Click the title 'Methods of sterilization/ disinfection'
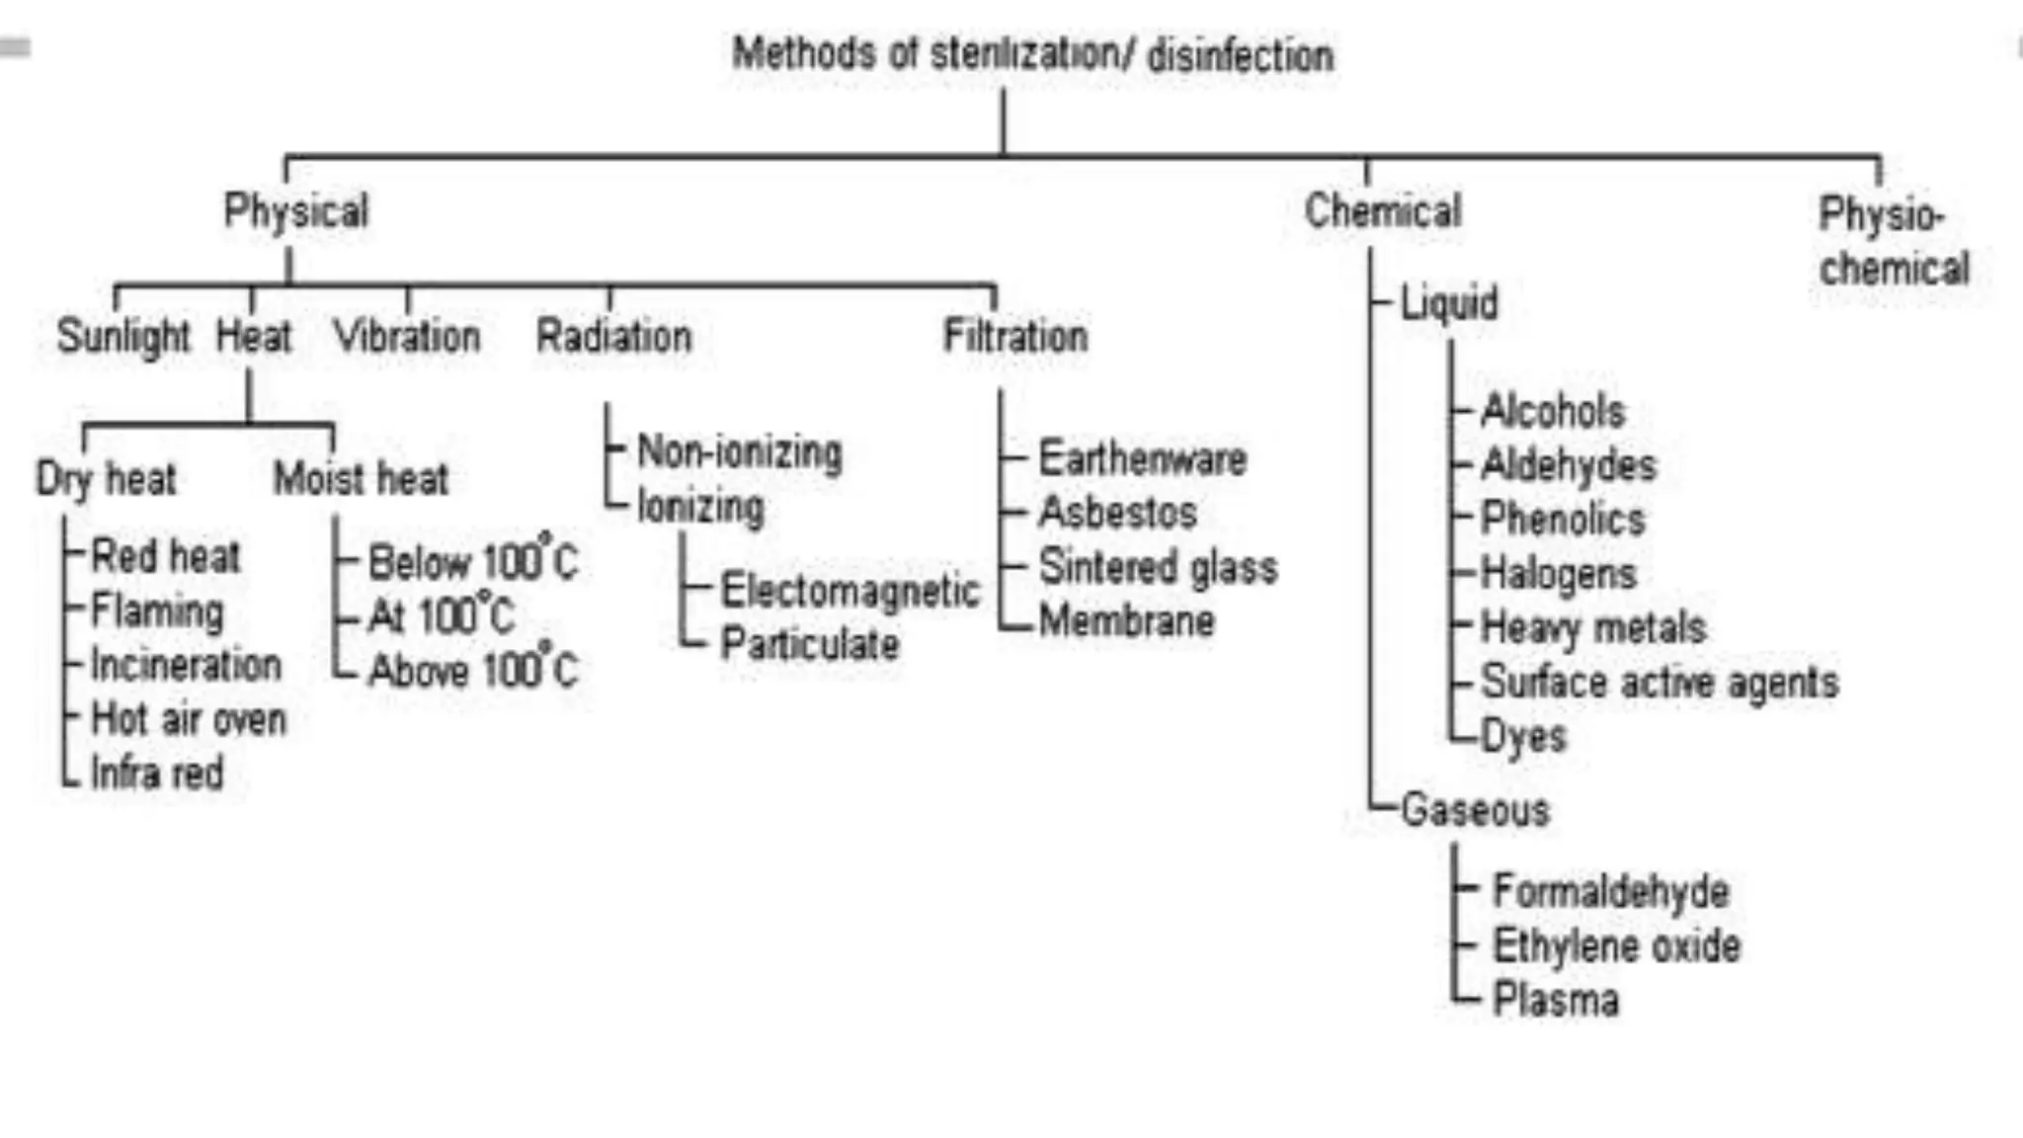1032,54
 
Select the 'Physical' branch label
296,210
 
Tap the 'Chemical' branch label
1383,210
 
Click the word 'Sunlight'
123,336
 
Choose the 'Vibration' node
407,336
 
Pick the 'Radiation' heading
613,336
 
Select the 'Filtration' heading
1015,336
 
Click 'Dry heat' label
107,479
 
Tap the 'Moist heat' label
361,479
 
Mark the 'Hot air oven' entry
188,719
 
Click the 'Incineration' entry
186,665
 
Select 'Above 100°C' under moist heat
472,670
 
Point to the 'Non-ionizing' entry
740,451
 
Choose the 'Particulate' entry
810,644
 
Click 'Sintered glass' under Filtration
1158,567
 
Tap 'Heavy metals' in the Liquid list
1593,627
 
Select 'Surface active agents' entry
1659,682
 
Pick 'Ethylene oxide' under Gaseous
1616,945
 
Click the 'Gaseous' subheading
1475,810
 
